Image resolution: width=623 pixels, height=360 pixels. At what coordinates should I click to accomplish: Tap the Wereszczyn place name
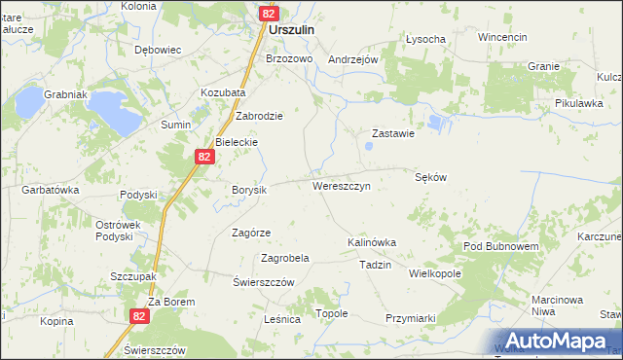(x=340, y=185)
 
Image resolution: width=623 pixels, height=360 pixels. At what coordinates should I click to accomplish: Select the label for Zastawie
(x=394, y=134)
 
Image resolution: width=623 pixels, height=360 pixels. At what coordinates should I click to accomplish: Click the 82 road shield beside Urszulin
(x=270, y=14)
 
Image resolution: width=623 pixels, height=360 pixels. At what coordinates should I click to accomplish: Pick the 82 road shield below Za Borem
(x=140, y=315)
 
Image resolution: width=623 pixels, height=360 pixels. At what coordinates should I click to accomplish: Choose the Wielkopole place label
(x=435, y=274)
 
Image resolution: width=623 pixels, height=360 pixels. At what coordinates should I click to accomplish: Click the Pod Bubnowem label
(x=501, y=247)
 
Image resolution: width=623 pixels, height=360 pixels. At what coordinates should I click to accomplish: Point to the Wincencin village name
(x=502, y=37)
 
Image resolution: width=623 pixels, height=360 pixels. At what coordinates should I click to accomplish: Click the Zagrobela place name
(x=285, y=259)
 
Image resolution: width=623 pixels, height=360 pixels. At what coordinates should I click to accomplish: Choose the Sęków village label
(x=430, y=177)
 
